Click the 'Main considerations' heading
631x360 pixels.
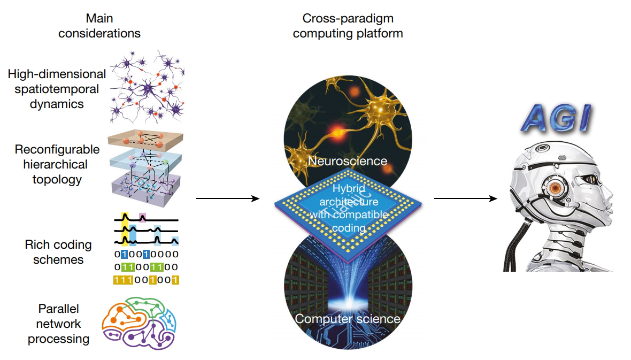[x=99, y=26]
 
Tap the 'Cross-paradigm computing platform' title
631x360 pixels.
[x=348, y=26]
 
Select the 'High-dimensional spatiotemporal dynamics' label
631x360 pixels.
[x=57, y=89]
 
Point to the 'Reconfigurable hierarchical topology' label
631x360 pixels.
[x=57, y=164]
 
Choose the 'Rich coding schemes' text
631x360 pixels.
[x=58, y=252]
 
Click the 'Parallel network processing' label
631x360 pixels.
[x=58, y=324]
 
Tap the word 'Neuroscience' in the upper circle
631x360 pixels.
[x=348, y=160]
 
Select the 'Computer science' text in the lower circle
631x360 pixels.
[x=348, y=319]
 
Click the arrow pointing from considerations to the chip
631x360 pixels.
[x=227, y=199]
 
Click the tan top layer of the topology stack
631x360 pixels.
[x=146, y=141]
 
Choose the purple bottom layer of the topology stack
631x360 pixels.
[x=146, y=188]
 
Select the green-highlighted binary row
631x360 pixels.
[x=146, y=267]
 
